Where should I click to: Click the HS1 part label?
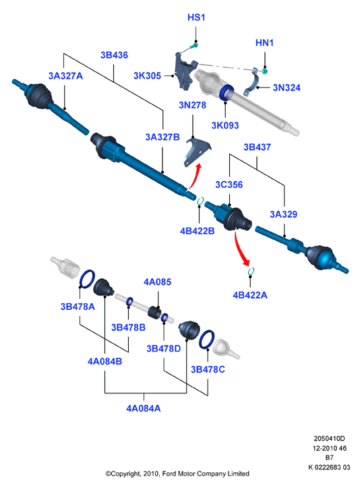point(196,18)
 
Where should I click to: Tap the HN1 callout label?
point(264,42)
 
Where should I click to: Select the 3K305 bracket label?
point(147,75)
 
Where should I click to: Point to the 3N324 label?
point(287,88)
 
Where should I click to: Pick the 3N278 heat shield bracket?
point(198,152)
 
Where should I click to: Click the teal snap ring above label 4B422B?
point(200,201)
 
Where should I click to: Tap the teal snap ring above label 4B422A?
point(251,271)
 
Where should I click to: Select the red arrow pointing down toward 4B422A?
point(240,249)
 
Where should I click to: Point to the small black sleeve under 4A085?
point(154,312)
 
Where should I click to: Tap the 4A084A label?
point(144,408)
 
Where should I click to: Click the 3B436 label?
point(114,55)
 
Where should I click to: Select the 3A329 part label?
point(283,214)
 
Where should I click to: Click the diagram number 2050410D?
point(329,439)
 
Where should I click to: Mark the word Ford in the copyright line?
point(169,474)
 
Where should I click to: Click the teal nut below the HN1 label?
point(265,71)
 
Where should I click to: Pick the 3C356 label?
point(229,185)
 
